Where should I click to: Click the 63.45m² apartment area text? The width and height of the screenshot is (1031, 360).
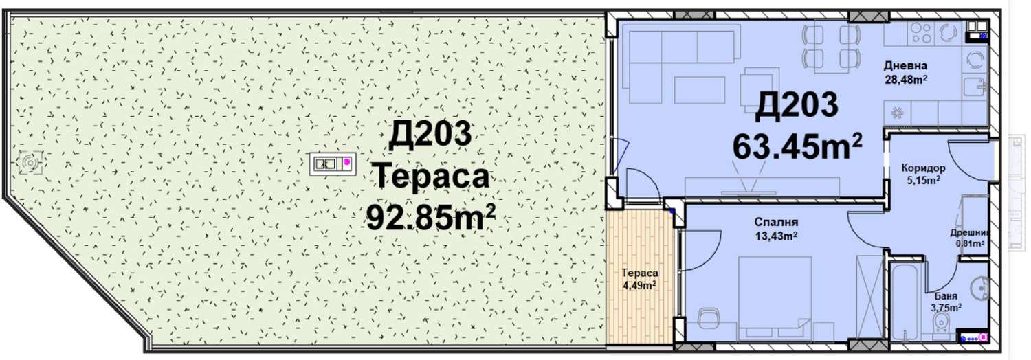pyautogui.click(x=797, y=147)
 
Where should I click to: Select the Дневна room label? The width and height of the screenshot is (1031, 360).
pyautogui.click(x=905, y=66)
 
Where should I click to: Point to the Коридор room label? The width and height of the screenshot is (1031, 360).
pyautogui.click(x=923, y=168)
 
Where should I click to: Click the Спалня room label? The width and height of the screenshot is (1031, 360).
pyautogui.click(x=776, y=223)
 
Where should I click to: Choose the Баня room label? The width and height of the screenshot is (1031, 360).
pyautogui.click(x=946, y=297)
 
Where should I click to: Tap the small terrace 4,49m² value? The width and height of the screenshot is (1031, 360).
pyautogui.click(x=639, y=286)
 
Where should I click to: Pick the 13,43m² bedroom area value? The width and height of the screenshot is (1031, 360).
pyautogui.click(x=776, y=236)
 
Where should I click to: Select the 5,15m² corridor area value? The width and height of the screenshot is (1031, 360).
pyautogui.click(x=923, y=181)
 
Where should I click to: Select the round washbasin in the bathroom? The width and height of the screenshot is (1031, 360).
pyautogui.click(x=979, y=289)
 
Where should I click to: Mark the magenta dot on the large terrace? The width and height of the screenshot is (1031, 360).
pyautogui.click(x=347, y=162)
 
